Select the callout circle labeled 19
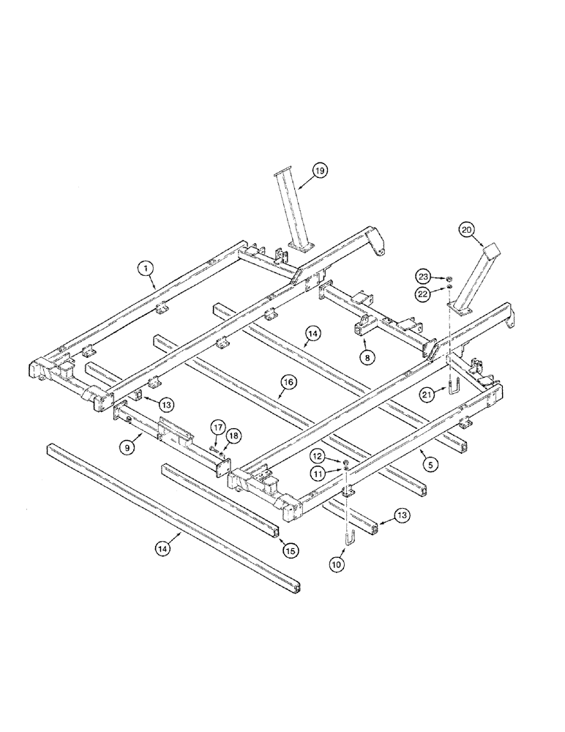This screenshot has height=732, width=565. pyautogui.click(x=319, y=171)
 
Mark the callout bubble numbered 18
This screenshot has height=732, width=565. pyautogui.click(x=233, y=435)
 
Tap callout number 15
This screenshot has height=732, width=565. pyautogui.click(x=290, y=549)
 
